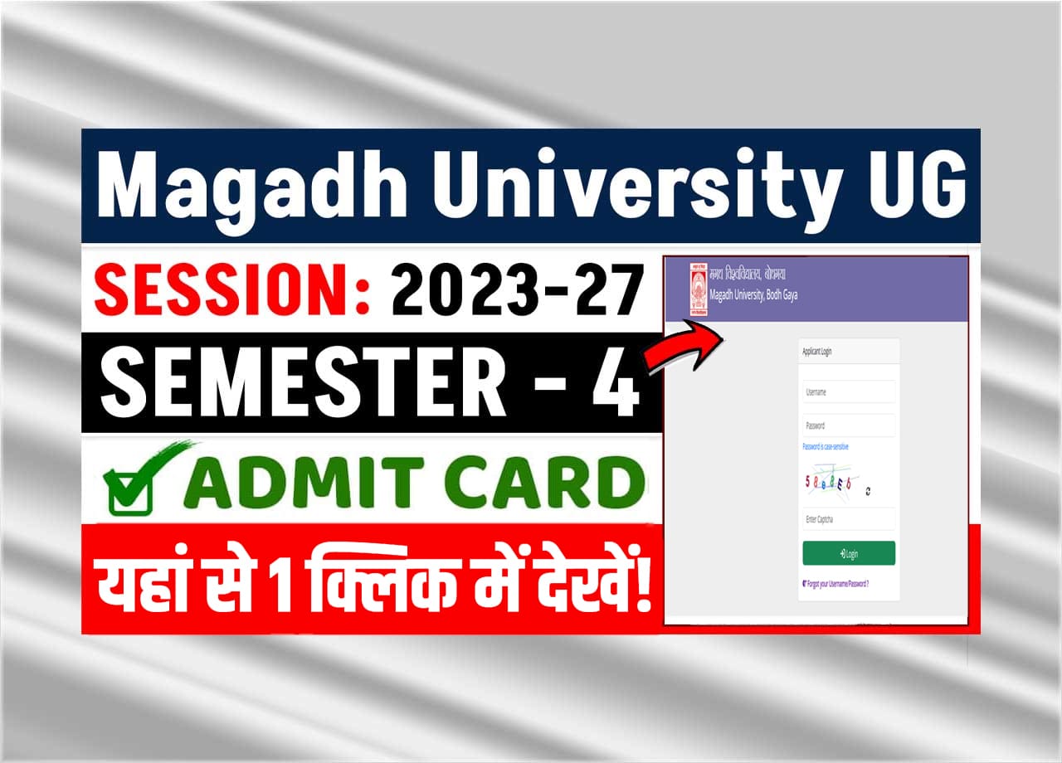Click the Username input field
848,392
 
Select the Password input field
848,425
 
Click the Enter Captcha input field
848,519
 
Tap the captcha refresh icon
868,491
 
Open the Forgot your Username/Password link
836,584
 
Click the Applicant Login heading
817,352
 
